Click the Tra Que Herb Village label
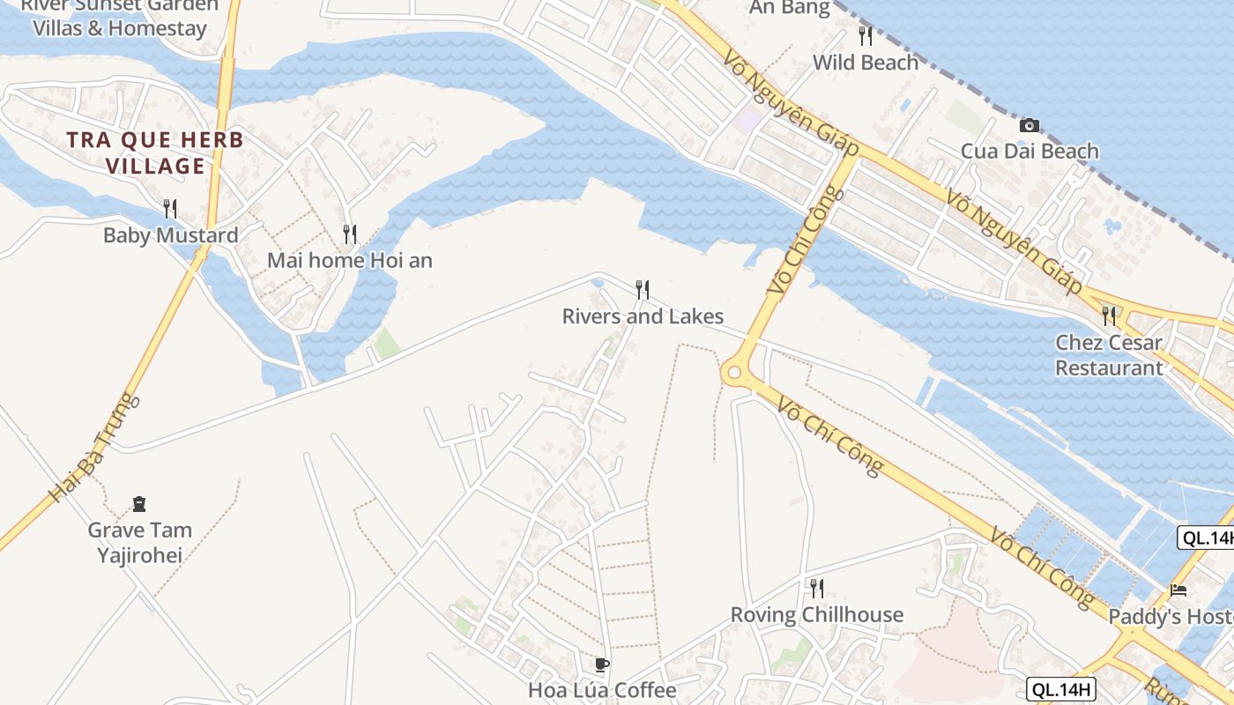[x=155, y=152]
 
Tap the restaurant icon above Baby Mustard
[x=170, y=209]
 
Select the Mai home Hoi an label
[x=350, y=261]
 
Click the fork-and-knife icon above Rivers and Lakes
[x=643, y=289]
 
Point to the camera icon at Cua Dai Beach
[x=1029, y=125]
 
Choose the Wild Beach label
[x=865, y=63]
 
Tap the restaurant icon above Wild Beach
[x=866, y=36]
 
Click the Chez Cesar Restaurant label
[x=1109, y=355]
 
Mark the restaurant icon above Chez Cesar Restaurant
[x=1109, y=315]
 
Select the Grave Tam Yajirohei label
[x=139, y=542]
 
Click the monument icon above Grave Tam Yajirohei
[x=139, y=504]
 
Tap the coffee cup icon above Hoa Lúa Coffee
[x=602, y=664]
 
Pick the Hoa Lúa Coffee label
[x=602, y=690]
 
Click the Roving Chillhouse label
[x=816, y=614]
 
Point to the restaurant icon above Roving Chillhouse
[x=817, y=588]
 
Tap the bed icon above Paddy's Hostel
[x=1178, y=590]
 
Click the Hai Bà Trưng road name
[x=93, y=449]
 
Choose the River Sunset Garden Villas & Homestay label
[x=120, y=17]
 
